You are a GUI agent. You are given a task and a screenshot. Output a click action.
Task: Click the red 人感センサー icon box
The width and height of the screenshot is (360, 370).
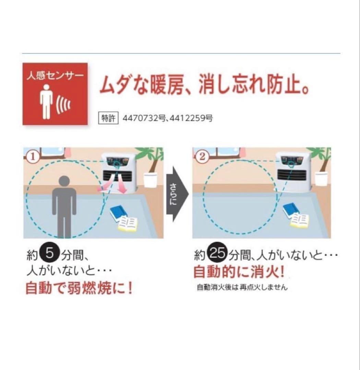point(55,94)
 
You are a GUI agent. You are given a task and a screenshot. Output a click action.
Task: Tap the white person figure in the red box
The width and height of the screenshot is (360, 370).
point(46,101)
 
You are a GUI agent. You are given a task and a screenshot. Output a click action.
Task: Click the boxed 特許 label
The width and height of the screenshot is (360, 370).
point(108,118)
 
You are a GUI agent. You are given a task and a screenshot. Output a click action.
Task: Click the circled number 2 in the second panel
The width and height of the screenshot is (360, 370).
point(202,157)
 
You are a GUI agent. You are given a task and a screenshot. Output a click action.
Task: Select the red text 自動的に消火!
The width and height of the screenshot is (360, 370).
point(239,272)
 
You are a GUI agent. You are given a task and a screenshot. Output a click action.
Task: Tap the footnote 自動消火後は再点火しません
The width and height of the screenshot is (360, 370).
point(242,287)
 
